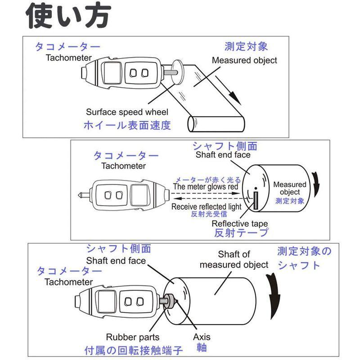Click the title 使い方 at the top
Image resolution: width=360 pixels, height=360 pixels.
[67, 17]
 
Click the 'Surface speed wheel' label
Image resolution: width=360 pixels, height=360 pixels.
[127, 112]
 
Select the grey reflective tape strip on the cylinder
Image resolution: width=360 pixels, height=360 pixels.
[256, 200]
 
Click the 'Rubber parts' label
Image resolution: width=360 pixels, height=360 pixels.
[132, 337]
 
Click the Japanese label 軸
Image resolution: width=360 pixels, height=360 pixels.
[201, 348]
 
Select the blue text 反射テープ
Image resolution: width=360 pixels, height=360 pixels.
[241, 233]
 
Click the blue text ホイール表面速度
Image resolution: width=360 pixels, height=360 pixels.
[127, 125]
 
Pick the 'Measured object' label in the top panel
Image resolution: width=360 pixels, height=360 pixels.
[244, 60]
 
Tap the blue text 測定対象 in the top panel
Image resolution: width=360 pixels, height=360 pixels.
[246, 47]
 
